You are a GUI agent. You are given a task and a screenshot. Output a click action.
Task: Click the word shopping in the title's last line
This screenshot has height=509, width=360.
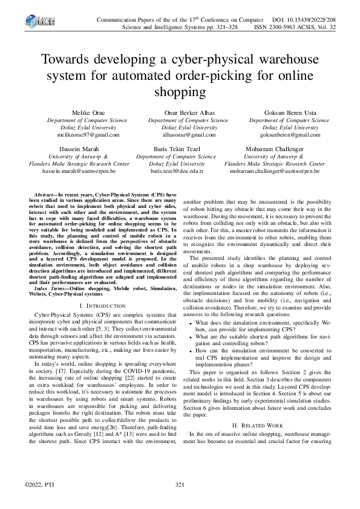coord(180,92)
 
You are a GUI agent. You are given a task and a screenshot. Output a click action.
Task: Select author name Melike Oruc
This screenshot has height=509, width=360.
coord(89,113)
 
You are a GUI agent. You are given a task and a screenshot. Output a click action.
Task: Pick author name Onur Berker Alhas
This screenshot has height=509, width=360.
coord(182,113)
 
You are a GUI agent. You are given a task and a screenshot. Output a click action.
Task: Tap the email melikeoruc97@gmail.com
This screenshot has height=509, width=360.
coord(89,135)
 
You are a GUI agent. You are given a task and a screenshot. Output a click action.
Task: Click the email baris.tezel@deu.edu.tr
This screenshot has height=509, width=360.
coord(177,171)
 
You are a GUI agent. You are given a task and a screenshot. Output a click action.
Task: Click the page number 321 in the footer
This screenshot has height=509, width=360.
coord(180,485)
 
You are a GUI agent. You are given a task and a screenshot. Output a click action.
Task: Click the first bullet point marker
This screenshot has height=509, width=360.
coord(192,323)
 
